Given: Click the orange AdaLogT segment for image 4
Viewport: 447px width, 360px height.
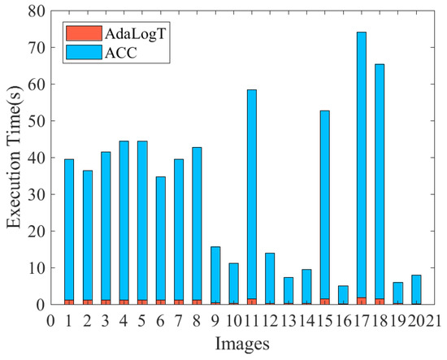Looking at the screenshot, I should pos(124,301).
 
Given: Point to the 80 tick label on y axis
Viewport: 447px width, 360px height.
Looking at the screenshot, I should pos(35,11).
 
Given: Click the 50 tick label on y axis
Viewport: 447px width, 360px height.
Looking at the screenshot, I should pos(35,121).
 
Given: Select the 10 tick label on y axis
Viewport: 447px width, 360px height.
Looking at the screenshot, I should pos(35,268).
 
